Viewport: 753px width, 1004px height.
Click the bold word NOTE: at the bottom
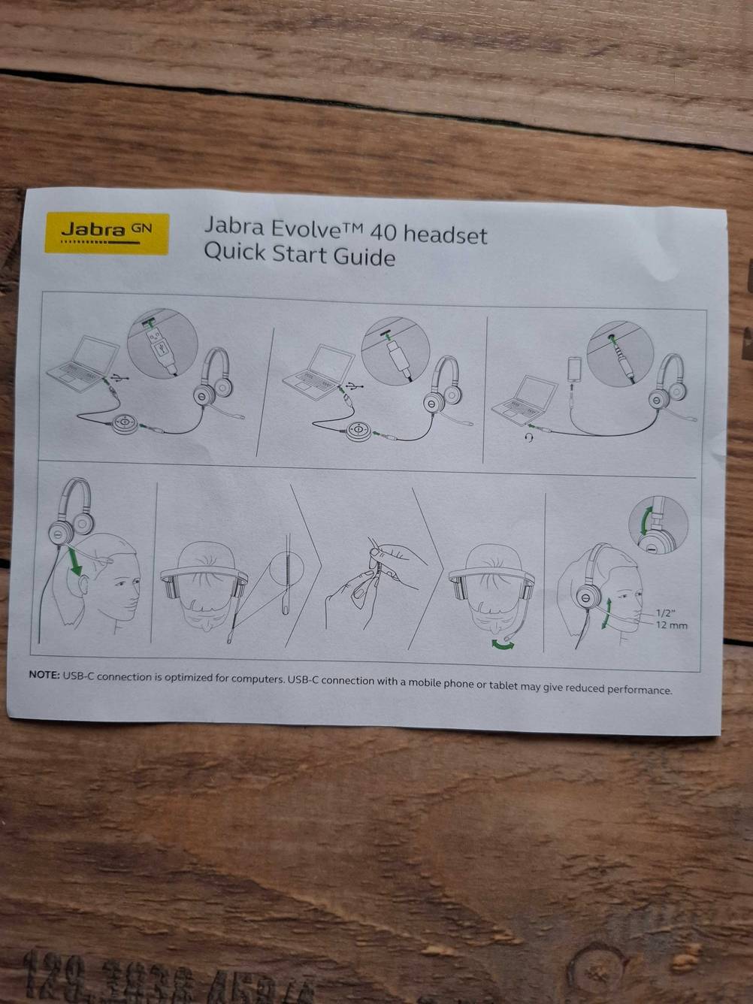click(x=44, y=675)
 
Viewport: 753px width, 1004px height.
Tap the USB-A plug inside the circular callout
click(x=161, y=349)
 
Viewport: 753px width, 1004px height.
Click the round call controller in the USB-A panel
click(x=122, y=423)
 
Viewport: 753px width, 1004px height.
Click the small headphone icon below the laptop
click(x=531, y=437)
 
